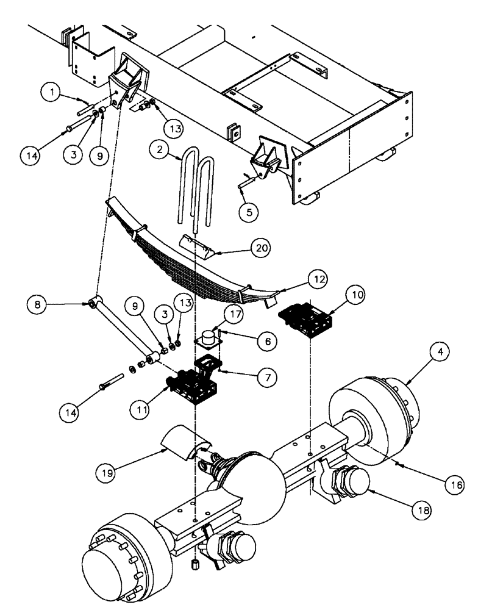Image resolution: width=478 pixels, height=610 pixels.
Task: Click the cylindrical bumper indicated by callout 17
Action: pyautogui.click(x=208, y=337)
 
